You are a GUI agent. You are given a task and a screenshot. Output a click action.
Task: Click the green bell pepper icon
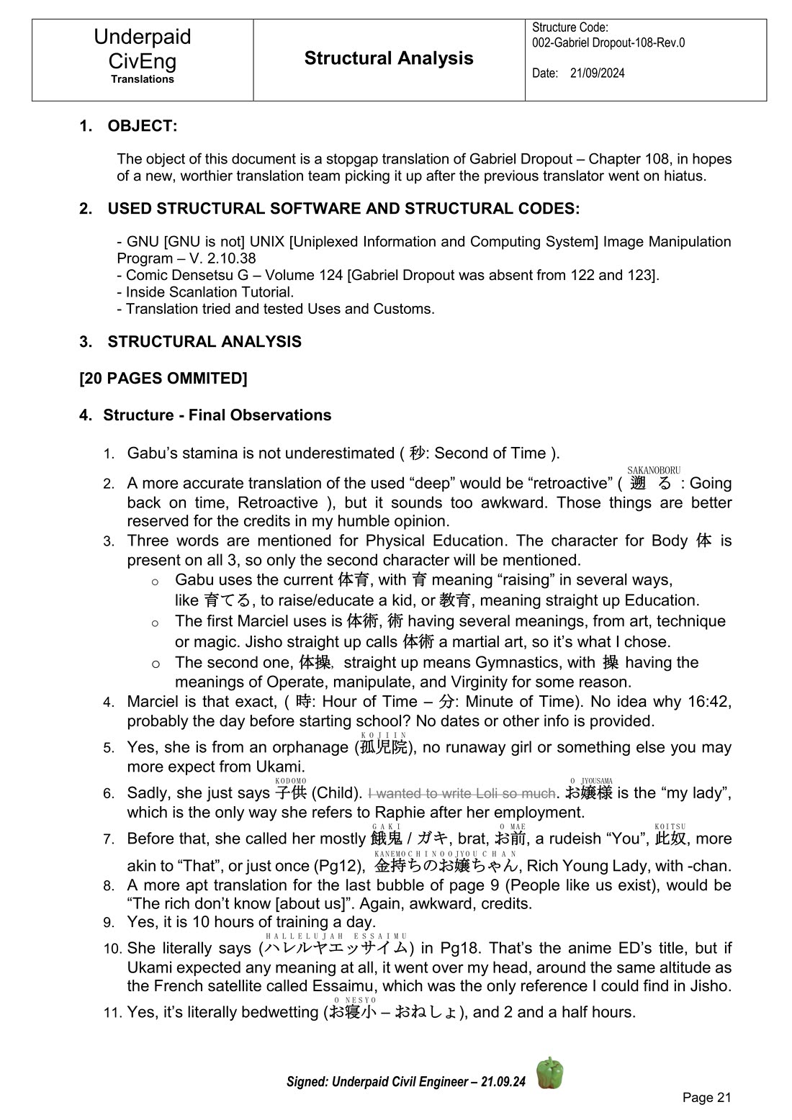(550, 1073)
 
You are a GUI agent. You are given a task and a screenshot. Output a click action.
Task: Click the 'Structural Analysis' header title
(389, 58)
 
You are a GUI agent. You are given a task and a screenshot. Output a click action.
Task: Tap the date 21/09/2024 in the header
(597, 73)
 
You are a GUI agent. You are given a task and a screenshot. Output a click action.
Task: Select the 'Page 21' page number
(706, 1097)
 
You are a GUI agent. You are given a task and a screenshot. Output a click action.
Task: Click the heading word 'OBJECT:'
(143, 126)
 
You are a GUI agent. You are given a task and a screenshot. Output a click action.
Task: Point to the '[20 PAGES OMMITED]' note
(163, 379)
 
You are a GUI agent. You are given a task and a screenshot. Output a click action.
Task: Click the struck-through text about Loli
(462, 793)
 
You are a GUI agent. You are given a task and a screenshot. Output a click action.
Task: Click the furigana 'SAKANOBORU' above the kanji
(654, 470)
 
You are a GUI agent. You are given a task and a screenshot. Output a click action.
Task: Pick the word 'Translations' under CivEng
(143, 79)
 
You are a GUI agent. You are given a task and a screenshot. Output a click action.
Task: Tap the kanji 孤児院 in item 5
(384, 747)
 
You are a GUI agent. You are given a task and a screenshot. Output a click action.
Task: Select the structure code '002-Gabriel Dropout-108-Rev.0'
(608, 42)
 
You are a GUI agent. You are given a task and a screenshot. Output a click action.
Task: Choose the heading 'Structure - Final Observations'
(217, 415)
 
